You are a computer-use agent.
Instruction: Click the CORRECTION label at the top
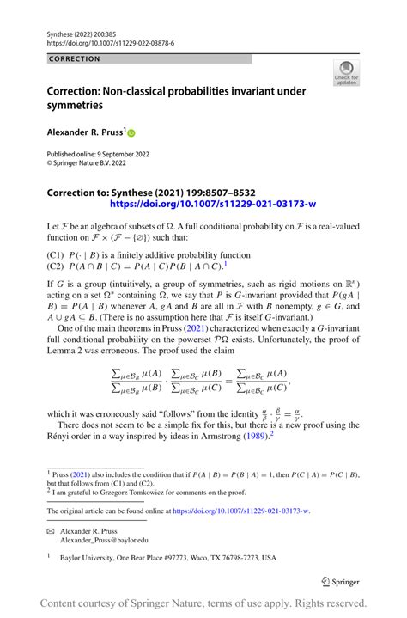(74, 59)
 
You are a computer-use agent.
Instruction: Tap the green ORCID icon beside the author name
(131, 133)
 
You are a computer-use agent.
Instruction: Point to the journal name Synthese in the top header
(61, 31)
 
